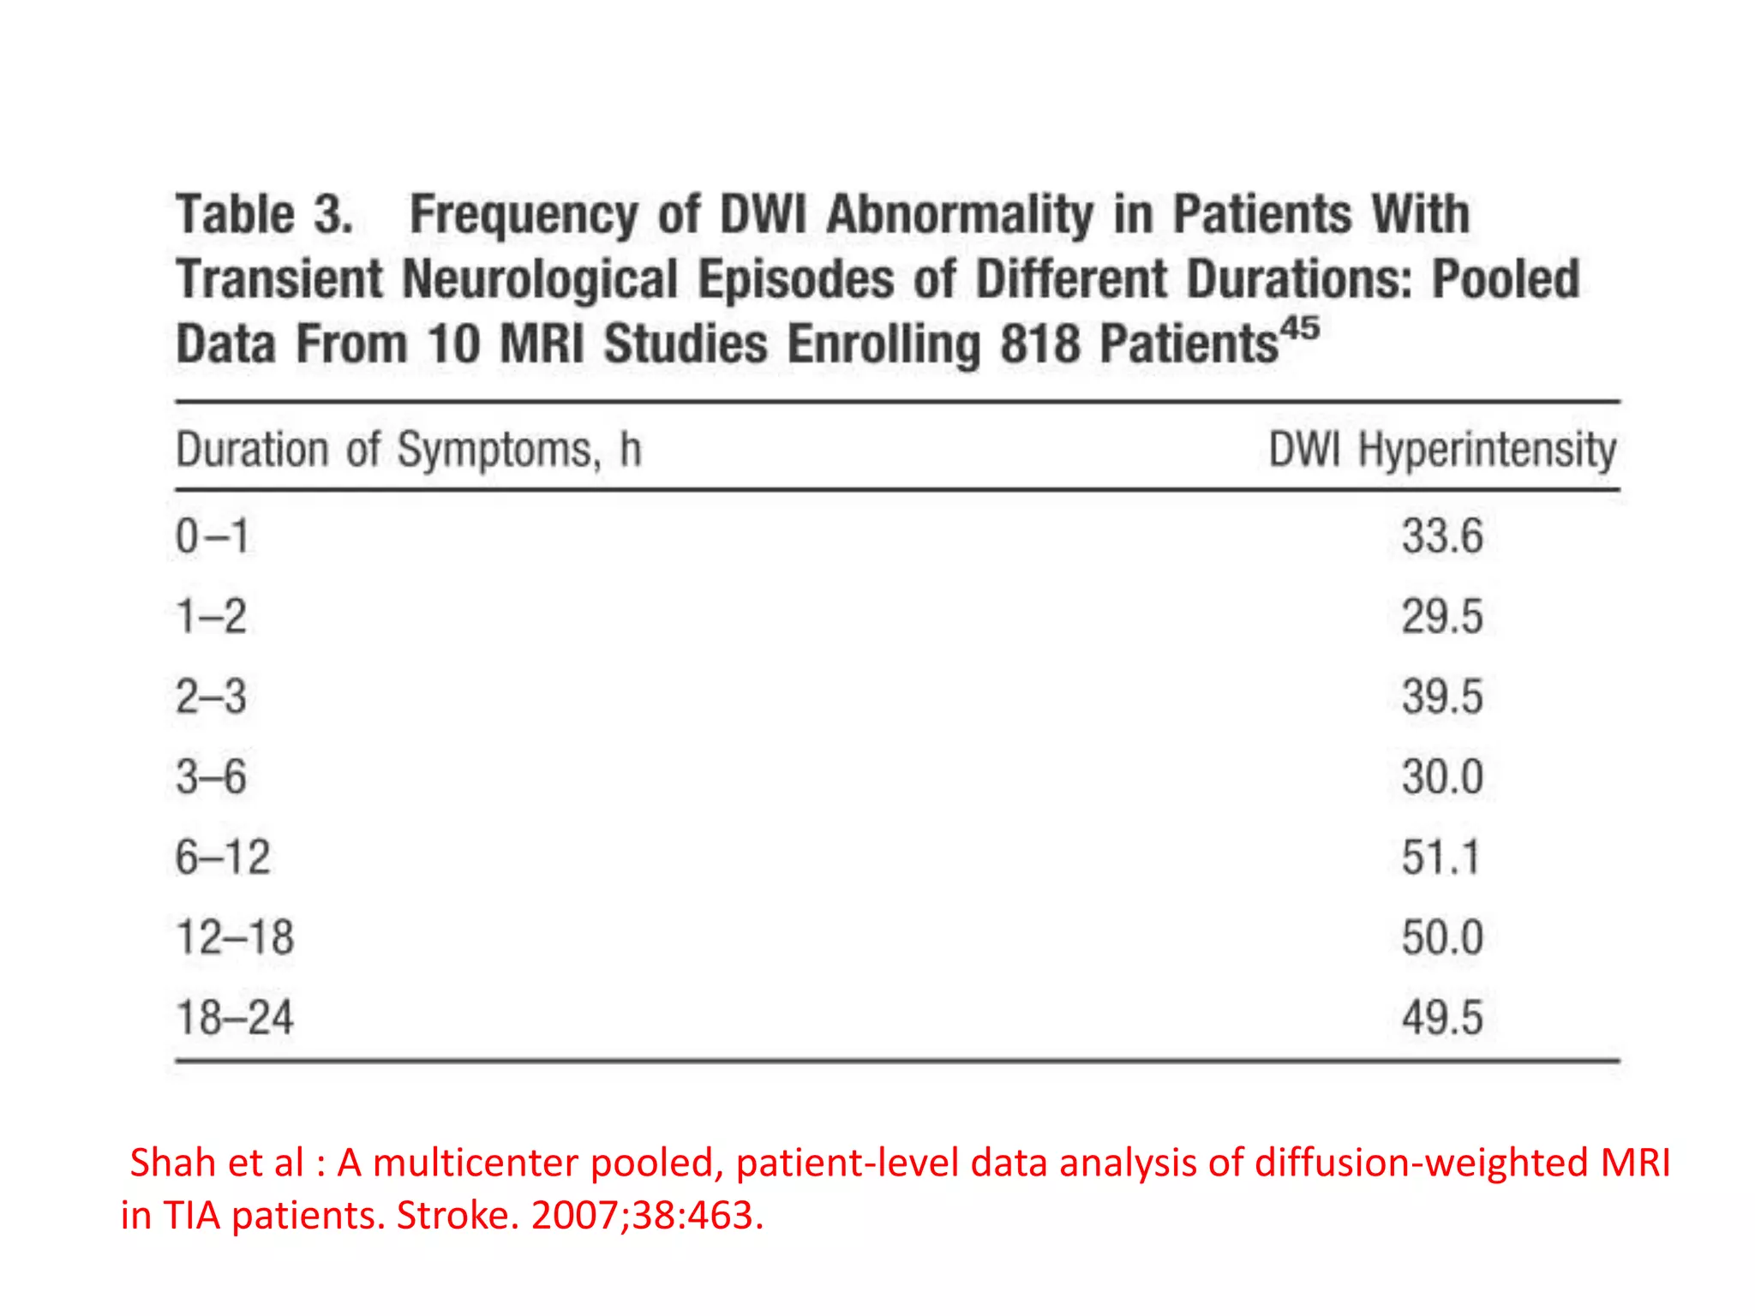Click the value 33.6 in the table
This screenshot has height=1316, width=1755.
point(1441,536)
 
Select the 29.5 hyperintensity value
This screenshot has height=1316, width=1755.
point(1441,617)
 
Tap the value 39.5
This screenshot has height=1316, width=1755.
point(1441,697)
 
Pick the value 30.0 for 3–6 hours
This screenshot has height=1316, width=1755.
point(1441,777)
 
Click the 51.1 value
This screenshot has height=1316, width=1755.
point(1441,858)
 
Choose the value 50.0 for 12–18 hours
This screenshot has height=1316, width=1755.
point(1441,937)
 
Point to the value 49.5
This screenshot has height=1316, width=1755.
point(1441,1018)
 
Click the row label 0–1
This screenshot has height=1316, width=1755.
point(212,536)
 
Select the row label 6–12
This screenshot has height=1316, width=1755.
point(223,858)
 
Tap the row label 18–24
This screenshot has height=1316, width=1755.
point(235,1018)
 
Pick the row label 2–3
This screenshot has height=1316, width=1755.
point(211,697)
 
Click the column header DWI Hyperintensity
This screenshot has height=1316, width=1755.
point(1441,449)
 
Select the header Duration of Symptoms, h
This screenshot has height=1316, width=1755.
point(408,449)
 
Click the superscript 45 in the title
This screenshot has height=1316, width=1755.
point(1300,328)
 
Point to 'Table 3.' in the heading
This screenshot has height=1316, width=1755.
point(264,214)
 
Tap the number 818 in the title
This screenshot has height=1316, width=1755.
point(1039,344)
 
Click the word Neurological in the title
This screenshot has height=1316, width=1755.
point(540,279)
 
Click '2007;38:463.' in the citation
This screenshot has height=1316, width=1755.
point(647,1215)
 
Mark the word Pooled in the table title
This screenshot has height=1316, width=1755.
point(1506,279)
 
